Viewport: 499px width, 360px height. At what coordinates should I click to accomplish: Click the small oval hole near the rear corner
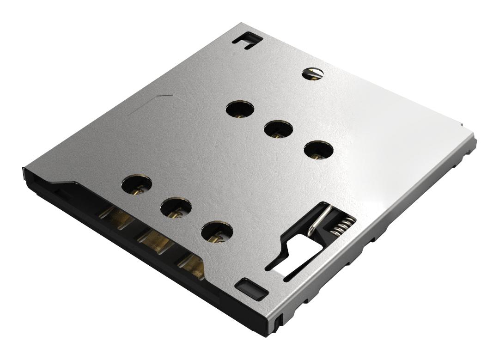(312, 73)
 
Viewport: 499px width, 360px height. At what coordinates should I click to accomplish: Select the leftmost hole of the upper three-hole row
(240, 110)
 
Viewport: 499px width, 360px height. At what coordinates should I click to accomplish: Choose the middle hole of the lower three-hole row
(176, 208)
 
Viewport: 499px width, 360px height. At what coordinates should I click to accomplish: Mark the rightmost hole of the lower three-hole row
(217, 231)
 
